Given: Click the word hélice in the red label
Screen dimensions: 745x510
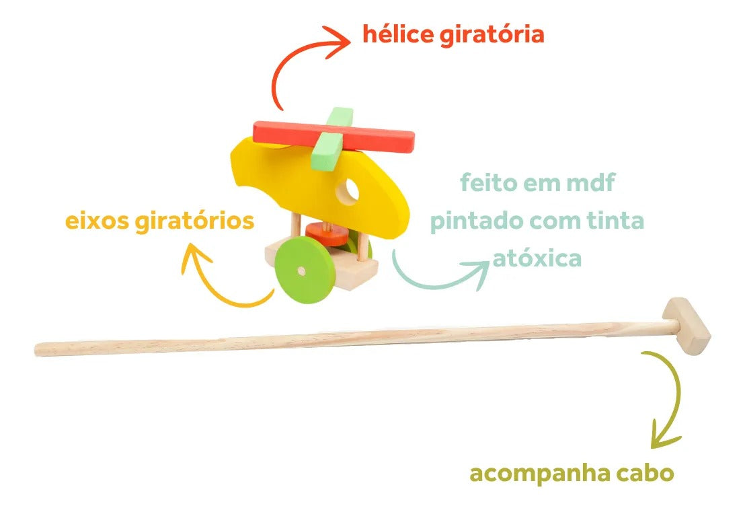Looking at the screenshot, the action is pos(398,34).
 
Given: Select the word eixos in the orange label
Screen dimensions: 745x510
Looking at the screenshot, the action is pos(97,221).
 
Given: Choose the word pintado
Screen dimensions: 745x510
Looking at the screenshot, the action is pos(476,221).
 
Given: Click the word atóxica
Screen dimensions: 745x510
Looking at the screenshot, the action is pos(537,258).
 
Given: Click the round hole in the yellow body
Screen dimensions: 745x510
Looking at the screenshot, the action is pos(348,190).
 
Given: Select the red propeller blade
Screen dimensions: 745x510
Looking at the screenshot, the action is pos(334,135).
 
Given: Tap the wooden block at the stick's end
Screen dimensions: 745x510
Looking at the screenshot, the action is pos(687,326).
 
